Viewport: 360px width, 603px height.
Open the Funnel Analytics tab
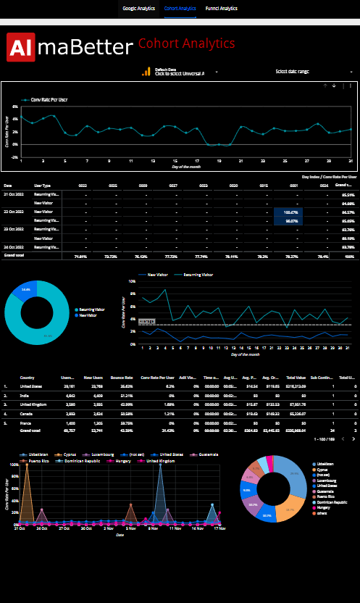(x=222, y=9)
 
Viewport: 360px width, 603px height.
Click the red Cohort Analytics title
(x=186, y=44)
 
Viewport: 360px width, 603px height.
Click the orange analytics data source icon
(x=148, y=72)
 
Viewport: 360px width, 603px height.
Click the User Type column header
(x=42, y=186)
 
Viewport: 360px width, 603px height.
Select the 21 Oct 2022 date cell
(x=14, y=195)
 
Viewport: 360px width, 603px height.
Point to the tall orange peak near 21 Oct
(x=27, y=467)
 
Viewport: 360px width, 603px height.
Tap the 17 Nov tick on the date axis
(x=218, y=528)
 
